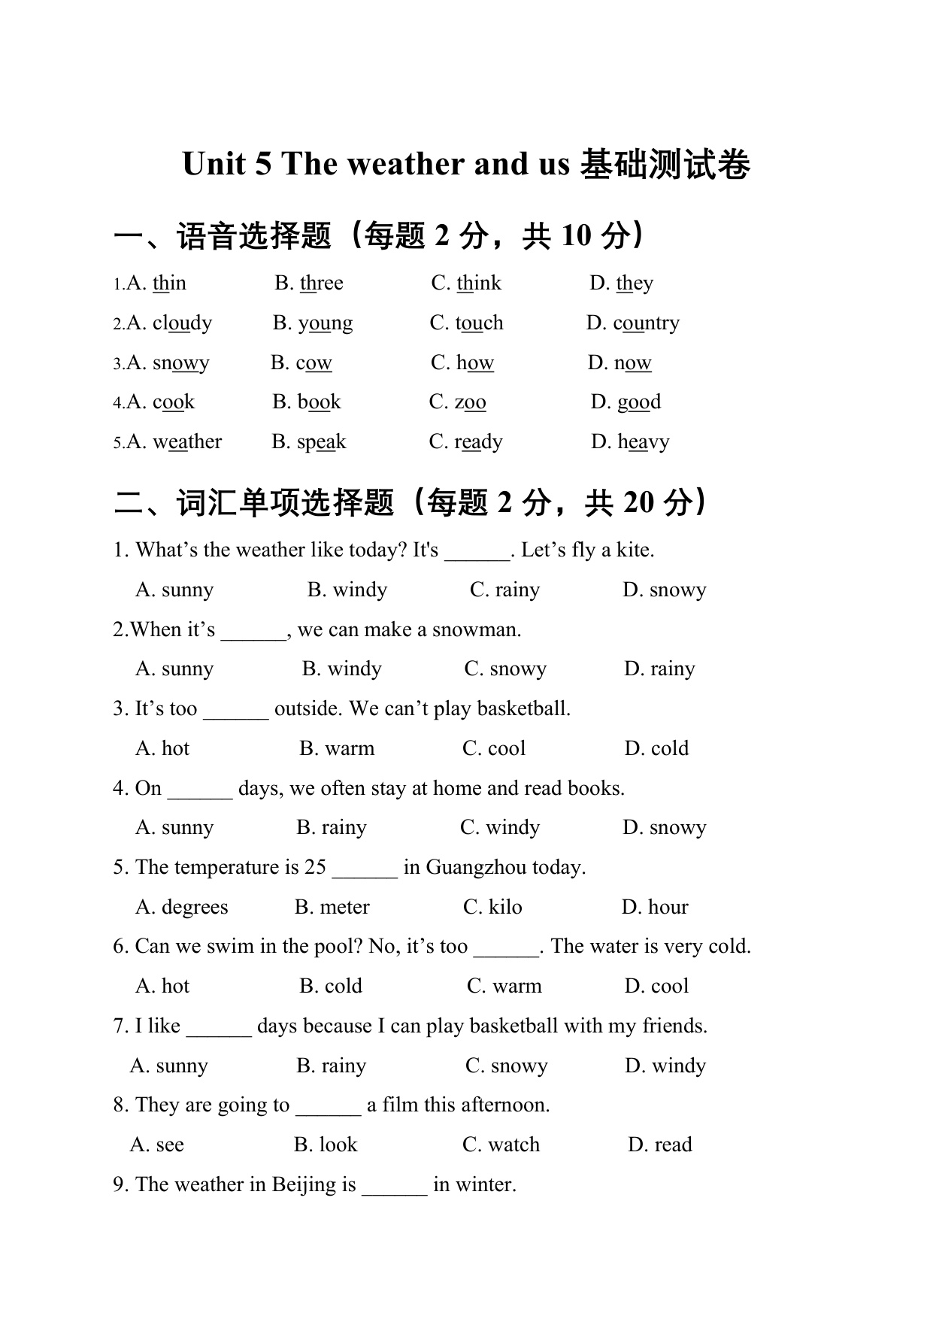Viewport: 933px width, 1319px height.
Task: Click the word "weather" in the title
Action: click(405, 164)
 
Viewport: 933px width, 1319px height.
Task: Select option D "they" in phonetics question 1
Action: click(634, 284)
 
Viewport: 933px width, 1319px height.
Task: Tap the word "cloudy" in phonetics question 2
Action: click(182, 323)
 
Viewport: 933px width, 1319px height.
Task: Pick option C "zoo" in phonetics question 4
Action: click(470, 402)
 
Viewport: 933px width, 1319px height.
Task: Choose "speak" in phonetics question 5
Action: click(321, 442)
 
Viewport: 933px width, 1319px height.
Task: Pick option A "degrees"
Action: click(194, 908)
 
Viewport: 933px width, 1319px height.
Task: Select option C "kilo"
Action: click(504, 908)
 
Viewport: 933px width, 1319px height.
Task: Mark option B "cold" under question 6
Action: click(343, 987)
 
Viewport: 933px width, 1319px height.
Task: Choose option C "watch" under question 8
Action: click(513, 1145)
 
